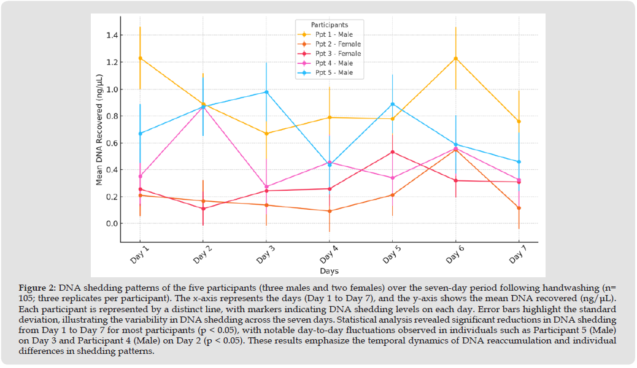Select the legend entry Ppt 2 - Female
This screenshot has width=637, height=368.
click(x=338, y=44)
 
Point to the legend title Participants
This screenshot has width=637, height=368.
click(x=330, y=25)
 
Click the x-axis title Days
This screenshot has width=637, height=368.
click(x=329, y=271)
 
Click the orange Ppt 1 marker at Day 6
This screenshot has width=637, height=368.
click(x=455, y=58)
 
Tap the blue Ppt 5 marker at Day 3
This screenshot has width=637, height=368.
click(x=266, y=92)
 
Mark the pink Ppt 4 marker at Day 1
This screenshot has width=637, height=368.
click(x=140, y=177)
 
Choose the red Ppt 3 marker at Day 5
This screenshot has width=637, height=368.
click(x=393, y=152)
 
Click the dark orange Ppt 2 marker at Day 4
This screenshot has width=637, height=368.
click(x=330, y=211)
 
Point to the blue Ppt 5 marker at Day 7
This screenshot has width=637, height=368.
click(x=519, y=162)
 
